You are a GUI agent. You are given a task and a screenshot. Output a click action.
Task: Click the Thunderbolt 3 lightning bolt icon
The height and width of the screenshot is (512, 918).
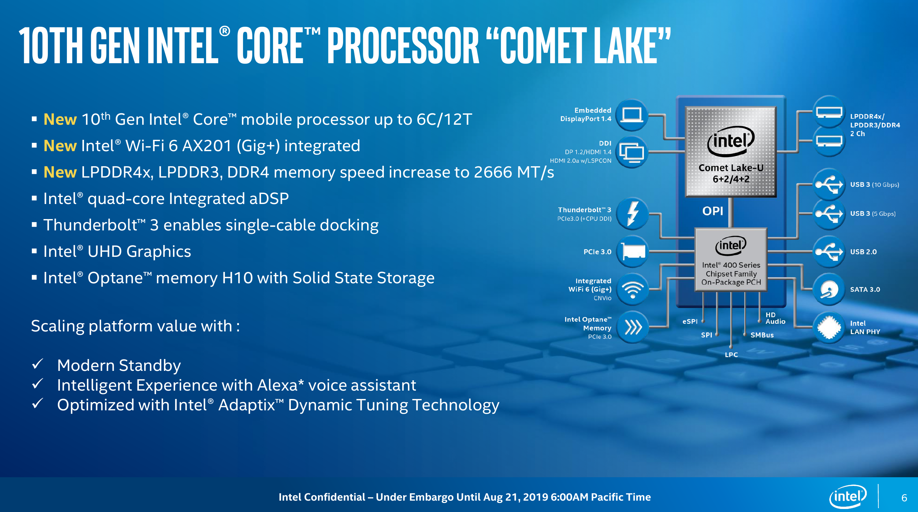[632, 214]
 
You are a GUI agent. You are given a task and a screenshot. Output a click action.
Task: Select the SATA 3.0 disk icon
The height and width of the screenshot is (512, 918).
[829, 290]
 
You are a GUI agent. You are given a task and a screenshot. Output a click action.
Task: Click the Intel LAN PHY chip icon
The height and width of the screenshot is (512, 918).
[829, 327]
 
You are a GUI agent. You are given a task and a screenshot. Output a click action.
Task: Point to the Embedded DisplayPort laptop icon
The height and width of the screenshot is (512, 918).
[632, 115]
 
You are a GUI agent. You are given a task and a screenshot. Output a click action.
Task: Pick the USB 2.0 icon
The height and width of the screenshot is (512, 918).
[829, 252]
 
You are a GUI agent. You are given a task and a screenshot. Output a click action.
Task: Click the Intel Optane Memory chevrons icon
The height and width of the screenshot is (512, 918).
[632, 327]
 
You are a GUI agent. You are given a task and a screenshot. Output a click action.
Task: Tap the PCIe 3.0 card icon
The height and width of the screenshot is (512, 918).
[632, 252]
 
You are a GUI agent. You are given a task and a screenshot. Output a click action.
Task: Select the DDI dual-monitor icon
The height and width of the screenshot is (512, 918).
[632, 152]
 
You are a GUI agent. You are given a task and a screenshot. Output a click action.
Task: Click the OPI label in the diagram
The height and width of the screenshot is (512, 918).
[713, 211]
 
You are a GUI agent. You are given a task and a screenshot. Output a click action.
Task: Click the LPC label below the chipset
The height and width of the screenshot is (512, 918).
[731, 354]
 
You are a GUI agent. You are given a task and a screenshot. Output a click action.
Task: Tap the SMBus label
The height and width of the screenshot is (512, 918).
[762, 335]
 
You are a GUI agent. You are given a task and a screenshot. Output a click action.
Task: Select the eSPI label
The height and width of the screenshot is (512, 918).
[690, 321]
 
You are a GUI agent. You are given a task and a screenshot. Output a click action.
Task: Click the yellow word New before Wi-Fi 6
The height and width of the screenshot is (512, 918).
[60, 145]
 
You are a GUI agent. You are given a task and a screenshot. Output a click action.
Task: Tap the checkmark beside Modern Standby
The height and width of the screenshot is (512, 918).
[37, 364]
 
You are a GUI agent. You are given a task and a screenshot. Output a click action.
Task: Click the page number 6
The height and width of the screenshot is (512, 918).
[904, 498]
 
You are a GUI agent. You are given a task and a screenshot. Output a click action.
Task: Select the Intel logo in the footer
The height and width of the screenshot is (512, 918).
[848, 496]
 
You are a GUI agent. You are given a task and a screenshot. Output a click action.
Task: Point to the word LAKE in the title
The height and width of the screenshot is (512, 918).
[626, 46]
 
